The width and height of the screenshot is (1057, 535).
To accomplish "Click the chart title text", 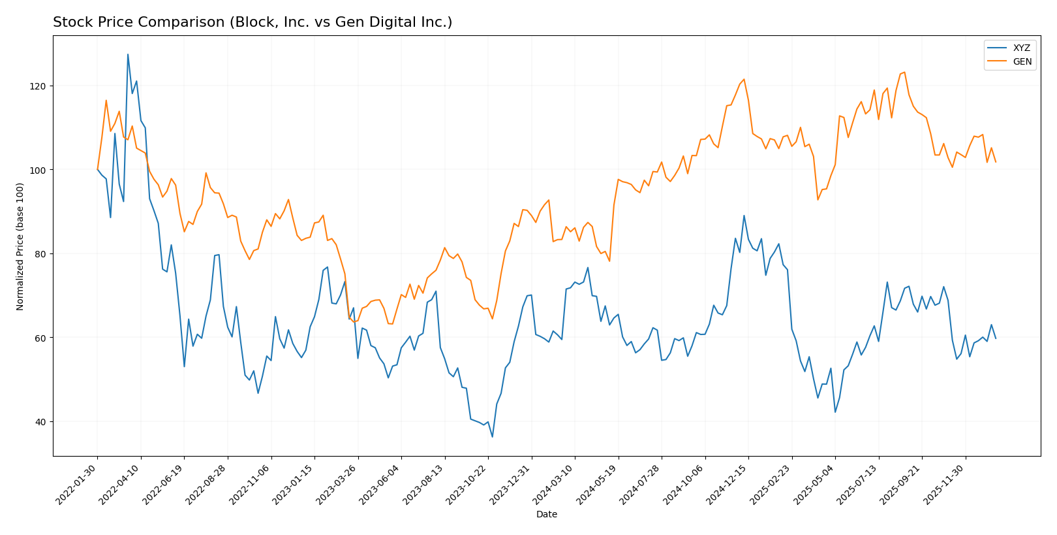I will pos(253,22).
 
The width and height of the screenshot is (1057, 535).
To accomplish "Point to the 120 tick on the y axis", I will pos(40,86).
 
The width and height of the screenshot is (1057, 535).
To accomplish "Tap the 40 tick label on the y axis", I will pos(42,421).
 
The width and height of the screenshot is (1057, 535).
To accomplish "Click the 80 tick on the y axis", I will pos(42,253).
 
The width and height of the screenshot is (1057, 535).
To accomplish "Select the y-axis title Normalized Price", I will pos(20,246).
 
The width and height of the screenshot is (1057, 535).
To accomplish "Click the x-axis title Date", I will pos(546,514).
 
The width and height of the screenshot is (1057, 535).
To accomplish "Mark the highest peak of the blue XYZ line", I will pos(128,54).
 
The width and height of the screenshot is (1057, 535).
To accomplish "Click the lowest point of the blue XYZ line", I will pos(492,437).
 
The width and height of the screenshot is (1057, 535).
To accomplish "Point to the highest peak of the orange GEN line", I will pos(904,72).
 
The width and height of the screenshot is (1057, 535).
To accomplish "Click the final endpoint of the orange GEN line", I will pos(995,162).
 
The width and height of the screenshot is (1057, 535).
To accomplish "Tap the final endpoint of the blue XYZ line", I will pos(995,338).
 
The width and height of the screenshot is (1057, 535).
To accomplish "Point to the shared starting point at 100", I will pos(98,170).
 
